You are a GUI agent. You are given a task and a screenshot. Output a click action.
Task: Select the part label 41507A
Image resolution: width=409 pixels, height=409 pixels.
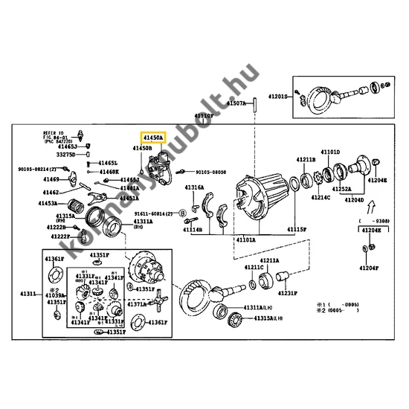pyautogui.click(x=236, y=103)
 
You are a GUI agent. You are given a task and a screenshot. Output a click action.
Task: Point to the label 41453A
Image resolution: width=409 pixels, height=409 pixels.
pyautogui.click(x=50, y=203)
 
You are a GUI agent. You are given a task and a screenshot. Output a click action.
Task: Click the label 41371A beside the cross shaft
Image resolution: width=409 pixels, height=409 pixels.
pyautogui.click(x=137, y=305)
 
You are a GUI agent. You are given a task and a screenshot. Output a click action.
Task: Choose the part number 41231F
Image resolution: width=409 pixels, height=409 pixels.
pyautogui.click(x=289, y=292)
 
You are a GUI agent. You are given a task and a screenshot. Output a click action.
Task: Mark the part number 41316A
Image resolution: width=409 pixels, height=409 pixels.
pyautogui.click(x=195, y=187)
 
